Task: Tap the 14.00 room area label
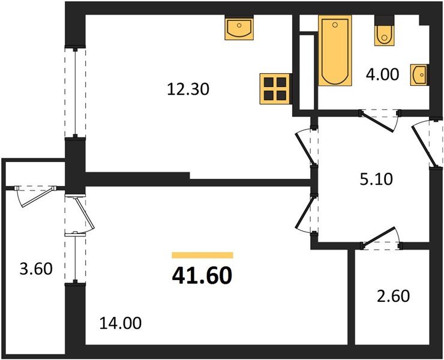(x=121, y=324)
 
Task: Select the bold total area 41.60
(x=202, y=277)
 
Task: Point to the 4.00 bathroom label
(x=382, y=76)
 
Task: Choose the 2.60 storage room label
(x=394, y=296)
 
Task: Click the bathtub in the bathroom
(x=334, y=52)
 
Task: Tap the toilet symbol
(x=383, y=35)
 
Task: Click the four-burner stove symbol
(x=275, y=88)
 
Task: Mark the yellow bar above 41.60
(x=202, y=255)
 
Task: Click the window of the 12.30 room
(x=75, y=93)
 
